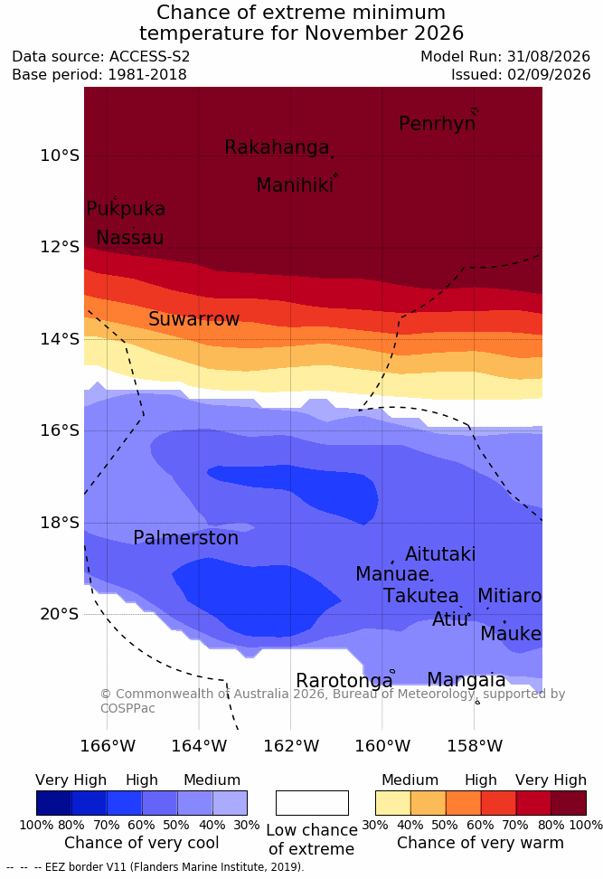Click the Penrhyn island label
tap(438, 124)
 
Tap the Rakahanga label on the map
tap(277, 147)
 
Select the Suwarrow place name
tap(193, 319)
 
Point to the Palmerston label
tap(185, 538)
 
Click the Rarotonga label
tap(344, 681)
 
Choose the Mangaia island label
tap(466, 680)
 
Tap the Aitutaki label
tap(440, 554)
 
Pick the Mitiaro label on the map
tap(509, 596)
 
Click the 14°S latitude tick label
tap(60, 339)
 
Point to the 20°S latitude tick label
tap(60, 614)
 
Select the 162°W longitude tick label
tap(291, 746)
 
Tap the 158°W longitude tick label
tap(475, 746)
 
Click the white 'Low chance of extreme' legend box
tap(312, 803)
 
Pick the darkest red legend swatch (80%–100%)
tap(569, 803)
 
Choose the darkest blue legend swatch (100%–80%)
tap(54, 803)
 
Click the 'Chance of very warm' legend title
tap(480, 843)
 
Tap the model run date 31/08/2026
tap(549, 57)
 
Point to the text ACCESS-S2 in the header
tap(150, 57)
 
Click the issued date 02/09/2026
tap(549, 74)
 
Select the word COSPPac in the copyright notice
tap(127, 708)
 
